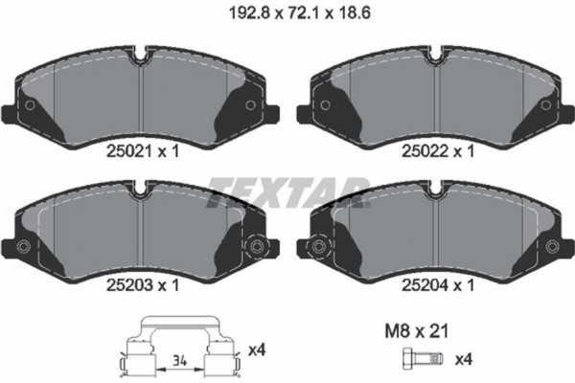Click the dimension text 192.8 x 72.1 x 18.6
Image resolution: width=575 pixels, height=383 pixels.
pos(299,13)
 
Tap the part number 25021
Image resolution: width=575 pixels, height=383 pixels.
pos(128,151)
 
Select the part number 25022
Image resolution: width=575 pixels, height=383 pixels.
pos(425,151)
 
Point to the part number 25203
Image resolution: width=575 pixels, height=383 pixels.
pos(128,285)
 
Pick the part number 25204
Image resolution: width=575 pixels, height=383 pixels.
pos(425,285)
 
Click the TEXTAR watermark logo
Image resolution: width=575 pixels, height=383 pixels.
pos(287,192)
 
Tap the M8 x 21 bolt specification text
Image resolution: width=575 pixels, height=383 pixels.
pos(416,331)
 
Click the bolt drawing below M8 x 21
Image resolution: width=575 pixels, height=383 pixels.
pos(423,358)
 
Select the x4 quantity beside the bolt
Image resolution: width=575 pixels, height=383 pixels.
pos(464,359)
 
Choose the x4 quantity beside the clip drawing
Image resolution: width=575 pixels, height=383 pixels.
pos(257,350)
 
